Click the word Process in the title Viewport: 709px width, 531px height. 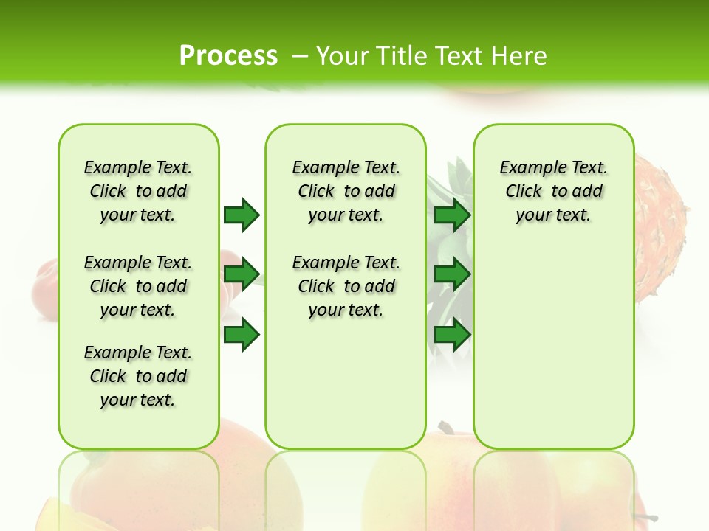(x=228, y=55)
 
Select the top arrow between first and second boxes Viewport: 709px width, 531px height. (x=241, y=215)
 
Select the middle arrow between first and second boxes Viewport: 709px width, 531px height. (x=241, y=274)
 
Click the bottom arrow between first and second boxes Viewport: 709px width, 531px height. (x=241, y=335)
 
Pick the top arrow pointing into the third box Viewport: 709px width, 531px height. (x=452, y=215)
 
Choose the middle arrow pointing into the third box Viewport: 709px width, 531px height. (x=452, y=274)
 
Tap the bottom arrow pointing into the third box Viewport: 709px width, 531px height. (x=452, y=335)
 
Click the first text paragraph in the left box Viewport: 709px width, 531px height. (x=138, y=191)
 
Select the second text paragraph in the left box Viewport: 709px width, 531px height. (x=138, y=286)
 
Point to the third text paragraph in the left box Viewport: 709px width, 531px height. (x=138, y=376)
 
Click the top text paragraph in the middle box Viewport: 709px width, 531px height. (x=346, y=191)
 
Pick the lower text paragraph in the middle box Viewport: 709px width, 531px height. (x=346, y=286)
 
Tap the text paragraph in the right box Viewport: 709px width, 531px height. (x=553, y=191)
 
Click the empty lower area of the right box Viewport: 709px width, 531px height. (x=553, y=354)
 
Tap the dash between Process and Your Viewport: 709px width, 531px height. (x=299, y=55)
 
